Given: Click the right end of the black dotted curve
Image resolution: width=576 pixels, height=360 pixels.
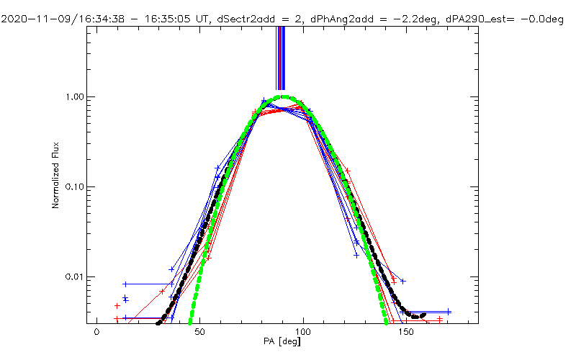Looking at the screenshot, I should point(425,315).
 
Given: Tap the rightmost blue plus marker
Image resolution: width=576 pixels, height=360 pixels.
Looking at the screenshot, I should point(449,312).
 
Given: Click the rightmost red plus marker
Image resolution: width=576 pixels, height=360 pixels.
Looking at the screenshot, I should point(440,318).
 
